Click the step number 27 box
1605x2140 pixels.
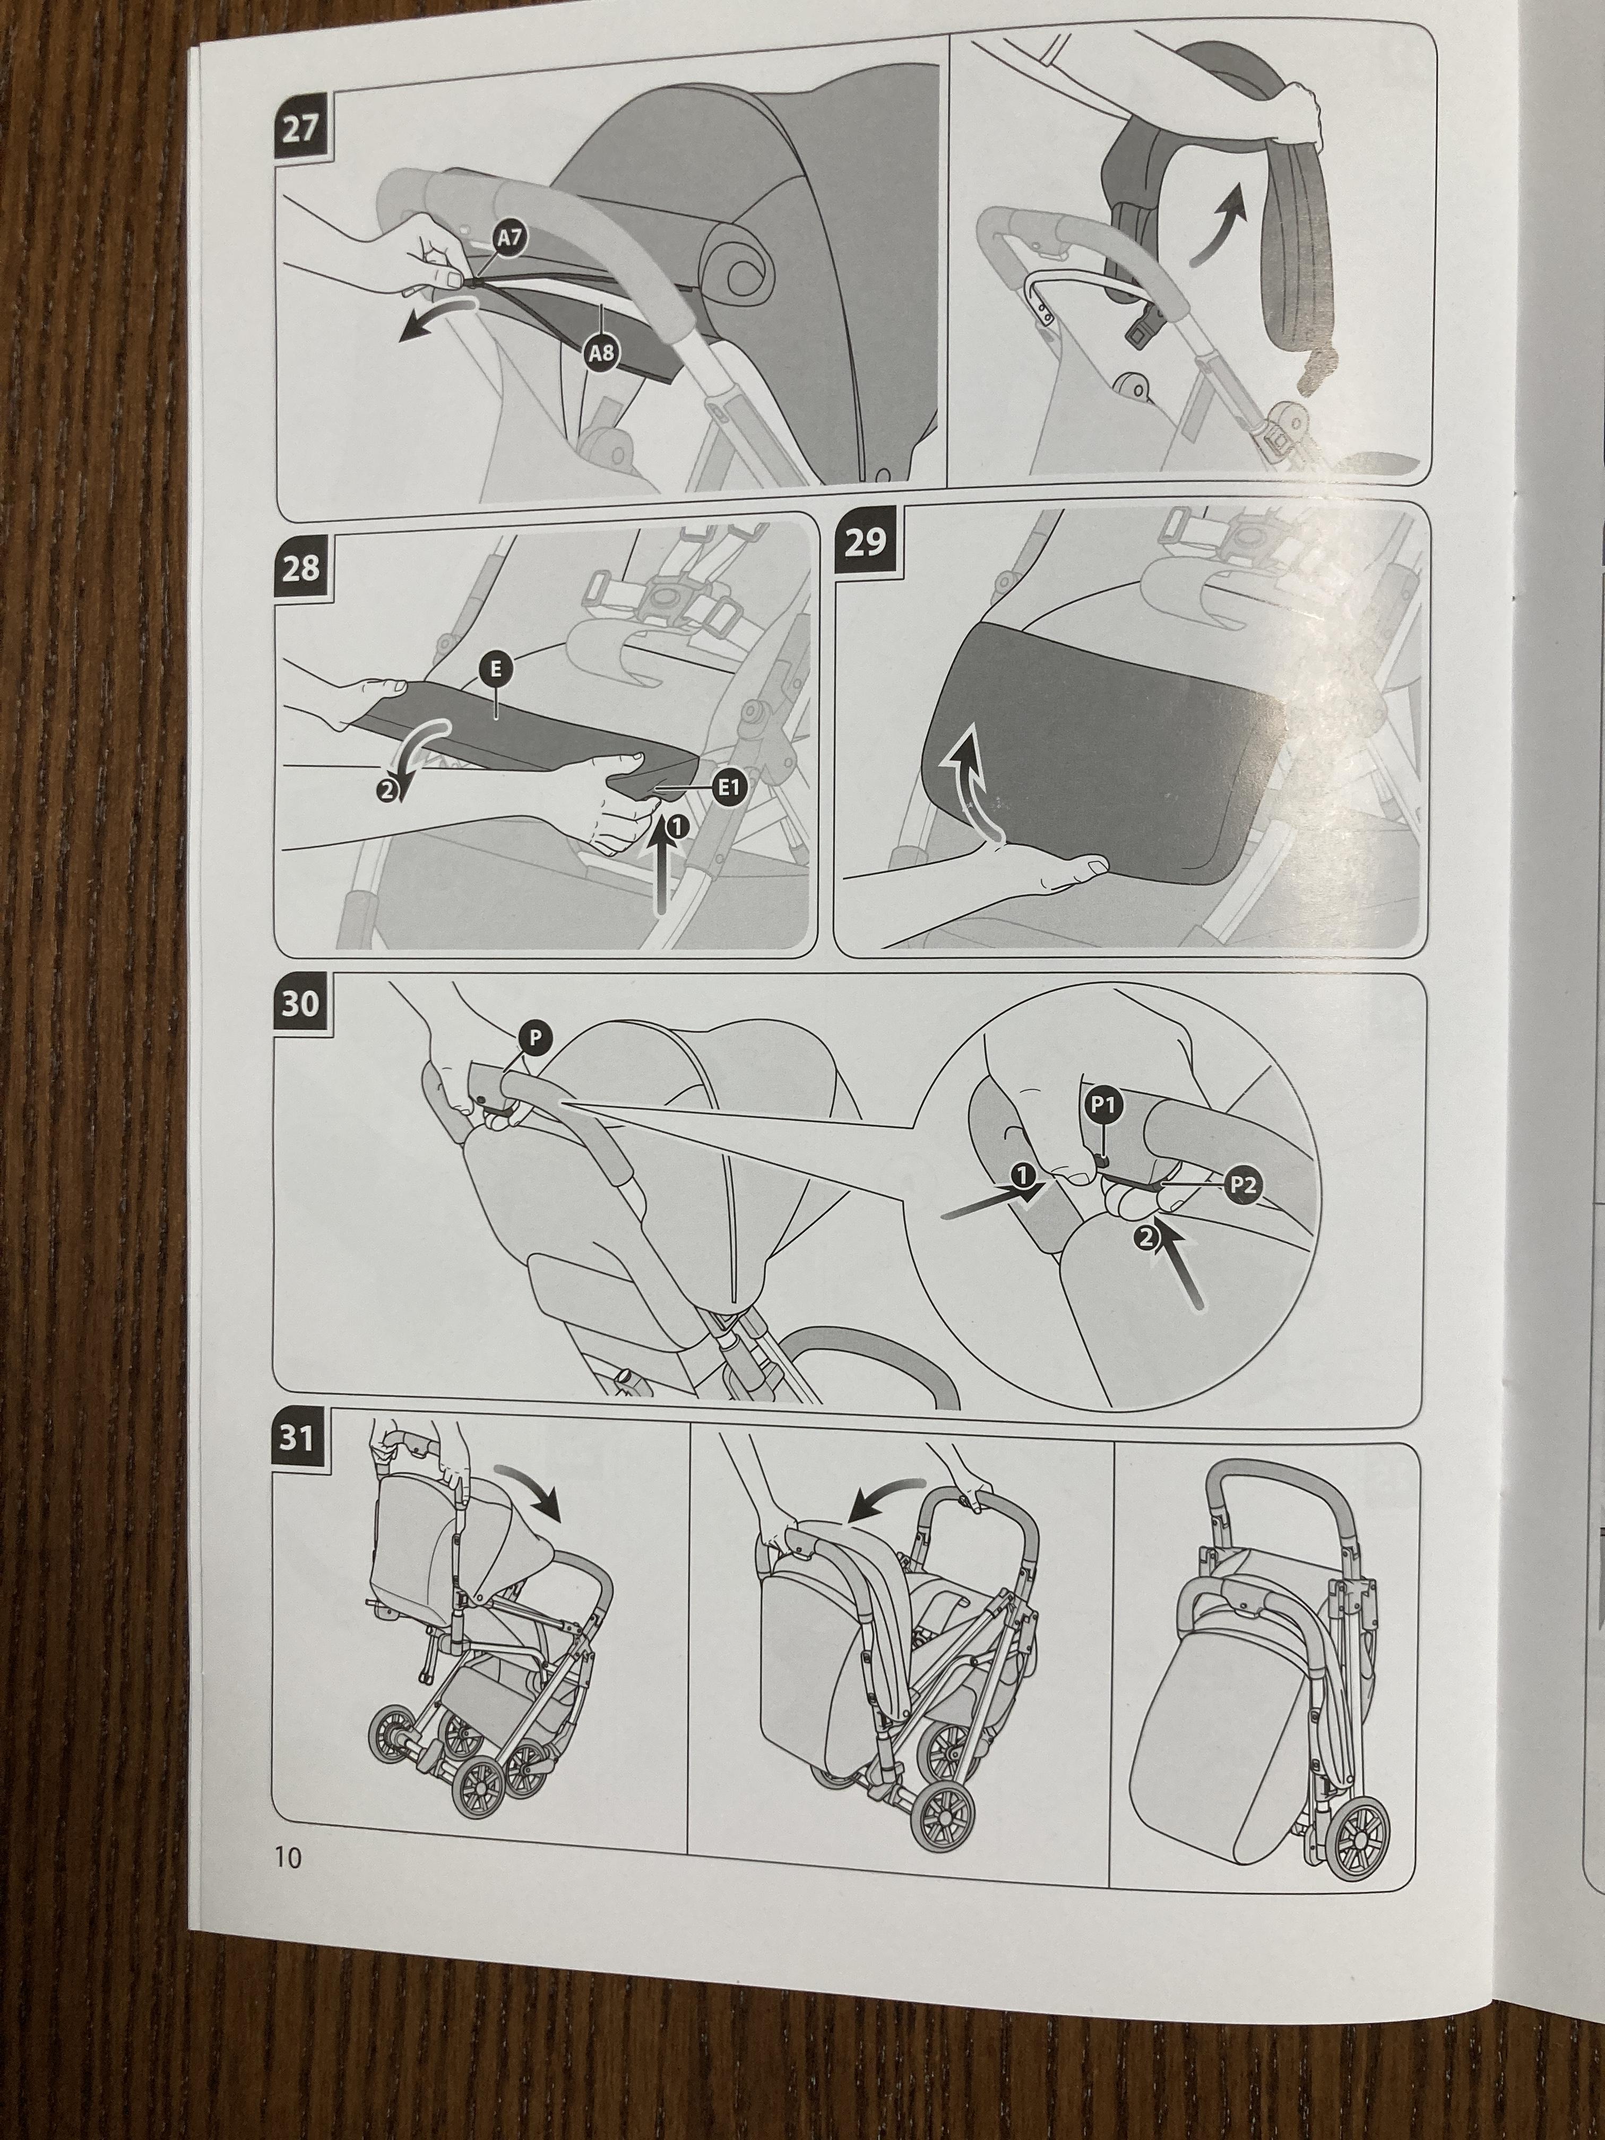click(x=301, y=128)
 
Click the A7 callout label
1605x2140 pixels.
click(x=509, y=238)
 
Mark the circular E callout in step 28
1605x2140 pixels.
click(x=494, y=668)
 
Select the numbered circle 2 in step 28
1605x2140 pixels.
click(x=386, y=790)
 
